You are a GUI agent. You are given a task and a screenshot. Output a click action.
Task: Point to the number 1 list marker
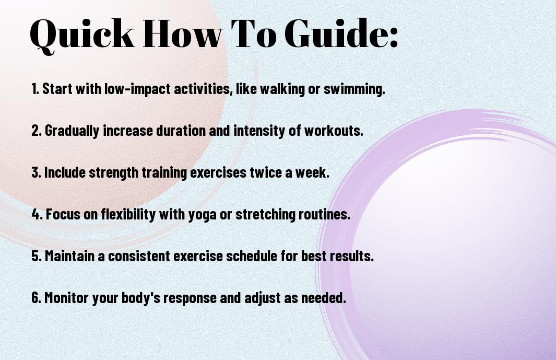click(35, 89)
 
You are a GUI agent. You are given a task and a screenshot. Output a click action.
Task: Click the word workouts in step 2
click(334, 131)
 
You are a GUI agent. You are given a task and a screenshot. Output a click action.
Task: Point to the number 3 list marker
click(36, 172)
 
